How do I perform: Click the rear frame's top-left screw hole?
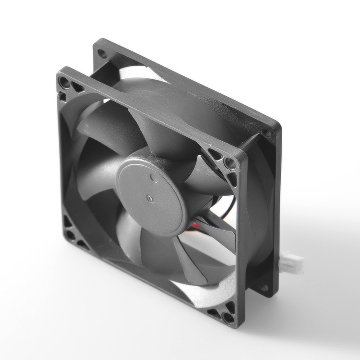(x=102, y=54)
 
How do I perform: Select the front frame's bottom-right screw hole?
(x=228, y=317)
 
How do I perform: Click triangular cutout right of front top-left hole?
(x=77, y=87)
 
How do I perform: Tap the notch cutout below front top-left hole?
(x=62, y=96)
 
